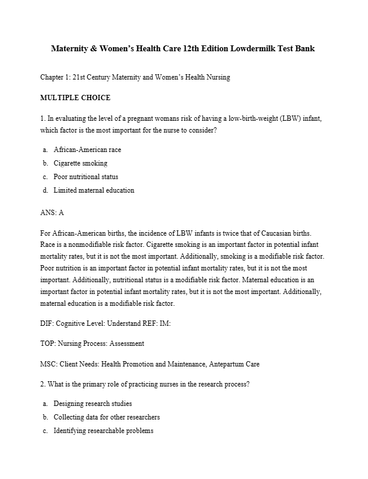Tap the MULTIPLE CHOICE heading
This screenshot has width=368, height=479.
click(75, 98)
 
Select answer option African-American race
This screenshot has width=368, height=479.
click(87, 150)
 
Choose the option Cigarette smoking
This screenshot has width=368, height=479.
click(80, 163)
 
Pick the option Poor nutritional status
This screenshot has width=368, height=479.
click(85, 177)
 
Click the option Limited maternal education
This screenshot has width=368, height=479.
click(94, 190)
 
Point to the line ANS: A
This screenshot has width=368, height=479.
click(52, 213)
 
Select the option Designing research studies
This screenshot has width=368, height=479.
click(92, 404)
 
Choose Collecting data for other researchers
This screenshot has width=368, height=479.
click(107, 417)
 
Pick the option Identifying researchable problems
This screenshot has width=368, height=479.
click(103, 431)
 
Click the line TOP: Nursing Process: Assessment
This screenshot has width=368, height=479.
click(92, 343)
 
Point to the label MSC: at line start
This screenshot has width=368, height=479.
click(49, 364)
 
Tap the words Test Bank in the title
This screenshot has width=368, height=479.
click(294, 48)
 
